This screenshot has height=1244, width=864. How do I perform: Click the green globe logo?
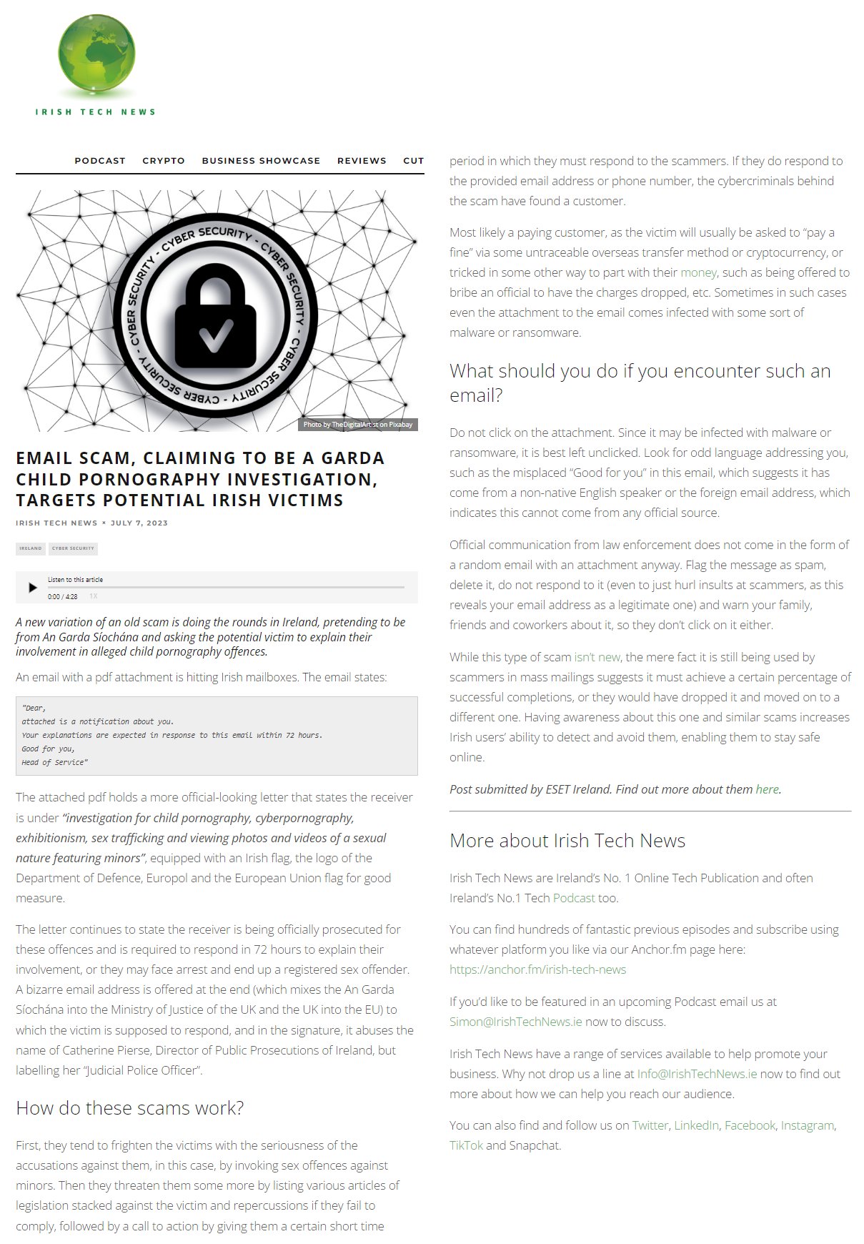96,54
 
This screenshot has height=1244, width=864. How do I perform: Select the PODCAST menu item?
100,161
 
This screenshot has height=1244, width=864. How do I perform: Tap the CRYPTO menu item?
164,161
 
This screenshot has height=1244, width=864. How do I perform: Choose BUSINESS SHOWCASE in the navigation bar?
261,161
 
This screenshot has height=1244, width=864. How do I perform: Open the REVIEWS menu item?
362,161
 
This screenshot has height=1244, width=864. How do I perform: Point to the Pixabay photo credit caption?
357,425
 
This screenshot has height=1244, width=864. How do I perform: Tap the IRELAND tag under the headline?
31,548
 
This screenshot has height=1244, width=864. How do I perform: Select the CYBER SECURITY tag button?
73,548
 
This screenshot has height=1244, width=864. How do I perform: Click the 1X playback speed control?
94,596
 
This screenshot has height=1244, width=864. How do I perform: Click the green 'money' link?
698,272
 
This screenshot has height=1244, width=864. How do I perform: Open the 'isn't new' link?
597,657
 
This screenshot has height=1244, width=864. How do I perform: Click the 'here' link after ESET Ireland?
767,789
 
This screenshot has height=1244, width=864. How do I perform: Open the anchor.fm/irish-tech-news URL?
537,969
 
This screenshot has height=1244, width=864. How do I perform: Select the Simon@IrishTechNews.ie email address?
515,1022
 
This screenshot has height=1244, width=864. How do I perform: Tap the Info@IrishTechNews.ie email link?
697,1074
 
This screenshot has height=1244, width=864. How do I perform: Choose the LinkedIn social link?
696,1125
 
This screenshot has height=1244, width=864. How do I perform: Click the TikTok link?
466,1145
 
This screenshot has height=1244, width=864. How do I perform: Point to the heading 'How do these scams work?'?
130,1108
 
